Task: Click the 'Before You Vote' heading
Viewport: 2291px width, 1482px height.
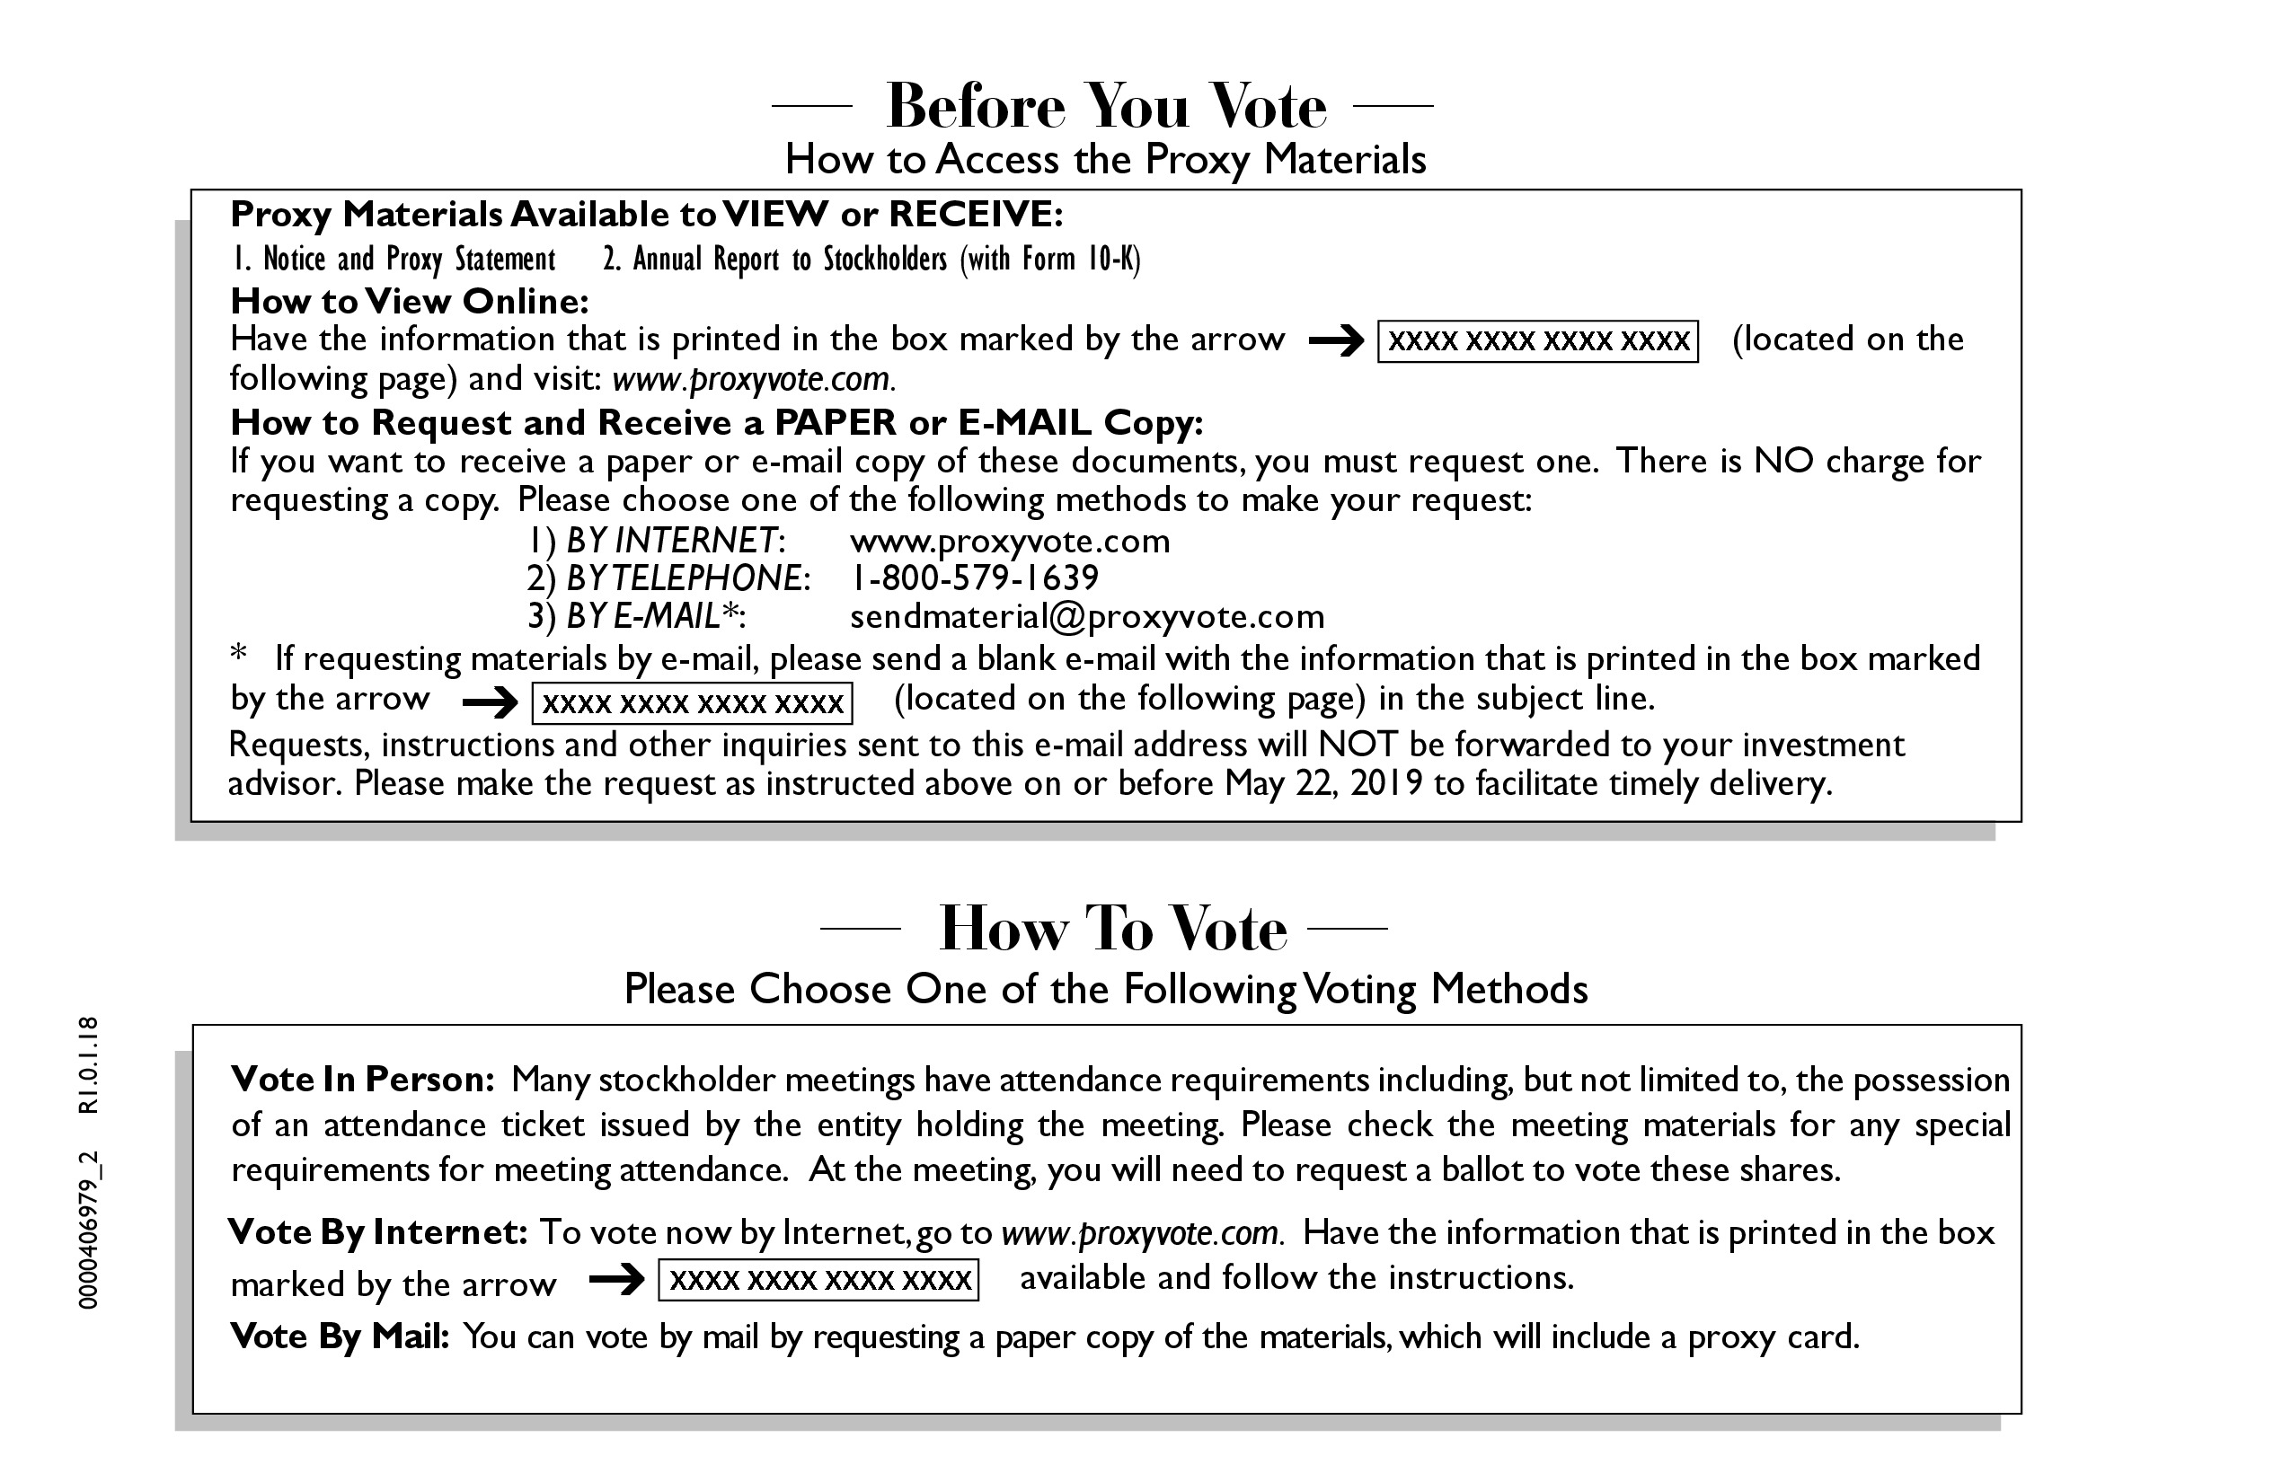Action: (1105, 106)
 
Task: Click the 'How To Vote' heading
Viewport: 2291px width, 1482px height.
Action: (1112, 930)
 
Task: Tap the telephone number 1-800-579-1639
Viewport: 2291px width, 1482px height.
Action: (973, 578)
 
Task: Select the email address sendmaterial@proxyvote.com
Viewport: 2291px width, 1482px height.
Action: (1087, 617)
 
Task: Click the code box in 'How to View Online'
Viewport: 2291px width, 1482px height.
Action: (1537, 341)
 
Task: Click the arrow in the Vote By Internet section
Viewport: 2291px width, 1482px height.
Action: (616, 1280)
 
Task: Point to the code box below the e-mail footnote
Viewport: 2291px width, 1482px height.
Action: (692, 703)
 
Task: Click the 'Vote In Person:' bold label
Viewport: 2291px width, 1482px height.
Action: (362, 1080)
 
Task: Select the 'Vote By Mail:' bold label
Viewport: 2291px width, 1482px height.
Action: (339, 1336)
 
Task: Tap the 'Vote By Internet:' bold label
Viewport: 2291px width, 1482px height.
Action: (377, 1232)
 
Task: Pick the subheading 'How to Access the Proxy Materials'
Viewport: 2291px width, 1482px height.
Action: (1105, 160)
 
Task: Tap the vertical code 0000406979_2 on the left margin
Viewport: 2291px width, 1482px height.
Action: (89, 1230)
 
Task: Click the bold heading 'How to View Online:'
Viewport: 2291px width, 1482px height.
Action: (409, 302)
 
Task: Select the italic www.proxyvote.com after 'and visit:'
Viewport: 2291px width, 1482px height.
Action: (753, 380)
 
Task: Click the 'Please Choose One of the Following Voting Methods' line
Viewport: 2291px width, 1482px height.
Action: (1105, 990)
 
